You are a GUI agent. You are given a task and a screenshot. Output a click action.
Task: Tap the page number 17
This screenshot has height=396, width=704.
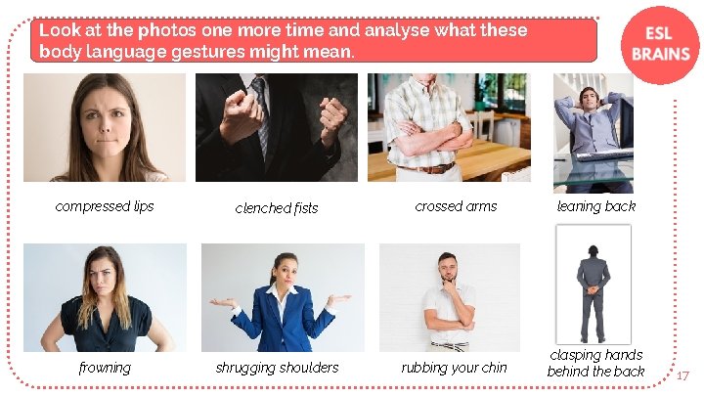click(x=682, y=374)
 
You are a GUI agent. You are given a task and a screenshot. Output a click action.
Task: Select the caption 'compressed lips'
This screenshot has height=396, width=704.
click(x=105, y=206)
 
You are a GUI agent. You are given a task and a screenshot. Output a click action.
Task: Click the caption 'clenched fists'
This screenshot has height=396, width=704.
click(x=277, y=207)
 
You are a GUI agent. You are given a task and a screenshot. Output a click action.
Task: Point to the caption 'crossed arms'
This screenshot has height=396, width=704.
click(x=456, y=206)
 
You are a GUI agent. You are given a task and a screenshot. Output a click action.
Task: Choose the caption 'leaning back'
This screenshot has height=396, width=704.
click(x=596, y=206)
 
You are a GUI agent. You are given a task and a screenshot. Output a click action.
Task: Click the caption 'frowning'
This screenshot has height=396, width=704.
click(x=105, y=368)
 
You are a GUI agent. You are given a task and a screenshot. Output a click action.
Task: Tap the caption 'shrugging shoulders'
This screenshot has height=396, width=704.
click(x=277, y=368)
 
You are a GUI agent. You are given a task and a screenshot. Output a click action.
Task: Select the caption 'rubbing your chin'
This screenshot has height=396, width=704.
click(x=454, y=368)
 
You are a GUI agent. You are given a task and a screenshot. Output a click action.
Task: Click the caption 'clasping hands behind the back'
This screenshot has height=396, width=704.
click(x=596, y=363)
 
